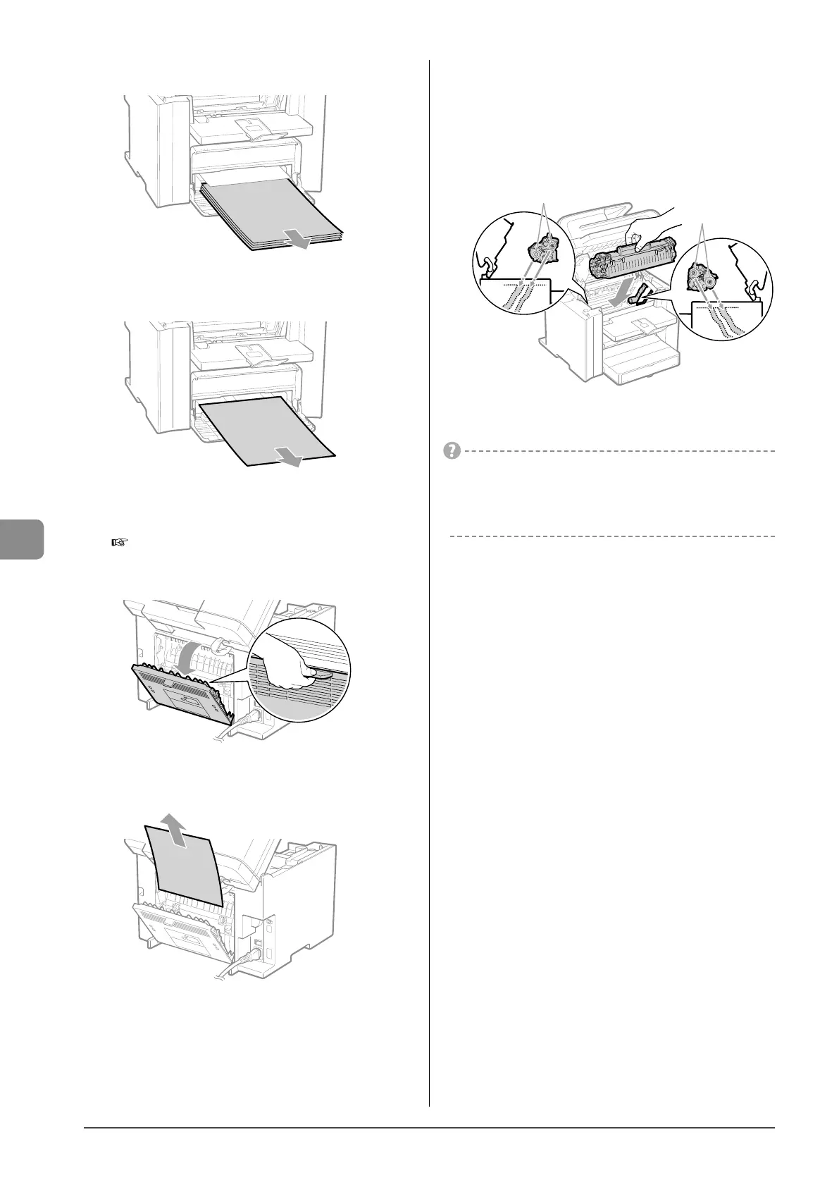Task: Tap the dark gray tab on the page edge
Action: pyautogui.click(x=21, y=539)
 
